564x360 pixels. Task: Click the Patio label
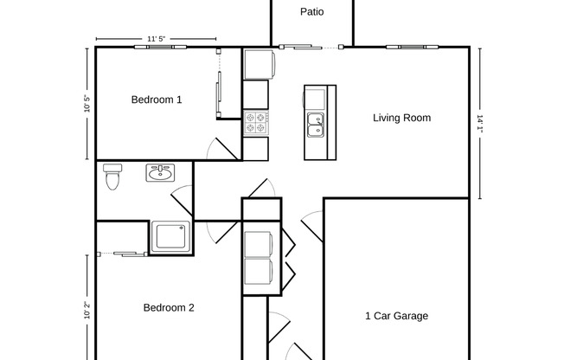(312, 12)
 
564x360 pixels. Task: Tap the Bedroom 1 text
(157, 100)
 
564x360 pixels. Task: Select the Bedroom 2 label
(169, 307)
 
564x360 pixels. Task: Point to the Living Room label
(401, 118)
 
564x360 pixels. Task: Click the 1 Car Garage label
(396, 316)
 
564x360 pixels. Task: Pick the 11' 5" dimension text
(157, 39)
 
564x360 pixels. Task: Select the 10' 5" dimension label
(87, 104)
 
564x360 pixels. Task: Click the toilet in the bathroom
(111, 177)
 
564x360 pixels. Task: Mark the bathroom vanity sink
(159, 173)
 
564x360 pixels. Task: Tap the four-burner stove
(257, 122)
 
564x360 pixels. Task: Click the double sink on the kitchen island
(316, 125)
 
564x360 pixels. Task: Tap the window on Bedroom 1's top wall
(157, 47)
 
